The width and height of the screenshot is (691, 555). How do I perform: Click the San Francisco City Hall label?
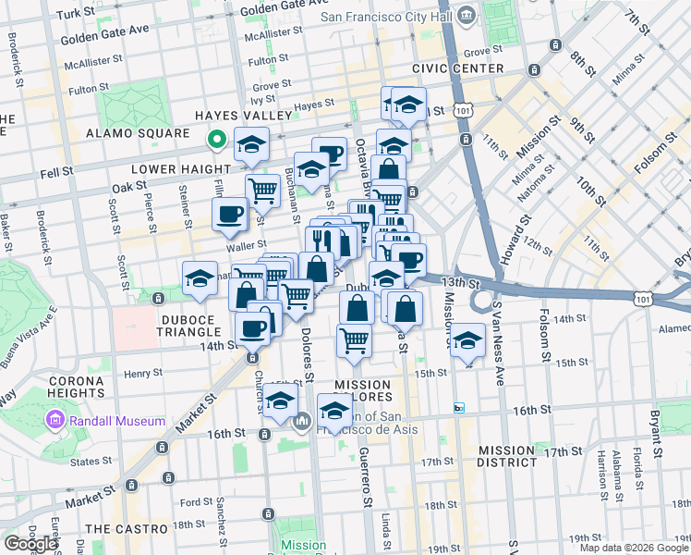click(388, 17)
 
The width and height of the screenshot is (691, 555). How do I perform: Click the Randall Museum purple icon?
click(54, 422)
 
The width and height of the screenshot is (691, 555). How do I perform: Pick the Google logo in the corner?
click(30, 544)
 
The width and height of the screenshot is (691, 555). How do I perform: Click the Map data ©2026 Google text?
click(633, 548)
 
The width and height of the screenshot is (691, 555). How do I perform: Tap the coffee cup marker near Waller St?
click(229, 216)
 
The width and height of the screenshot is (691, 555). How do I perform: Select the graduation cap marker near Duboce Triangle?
click(200, 278)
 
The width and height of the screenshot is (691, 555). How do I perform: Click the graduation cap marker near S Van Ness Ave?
click(468, 339)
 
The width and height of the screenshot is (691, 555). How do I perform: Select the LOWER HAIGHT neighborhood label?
click(180, 169)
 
